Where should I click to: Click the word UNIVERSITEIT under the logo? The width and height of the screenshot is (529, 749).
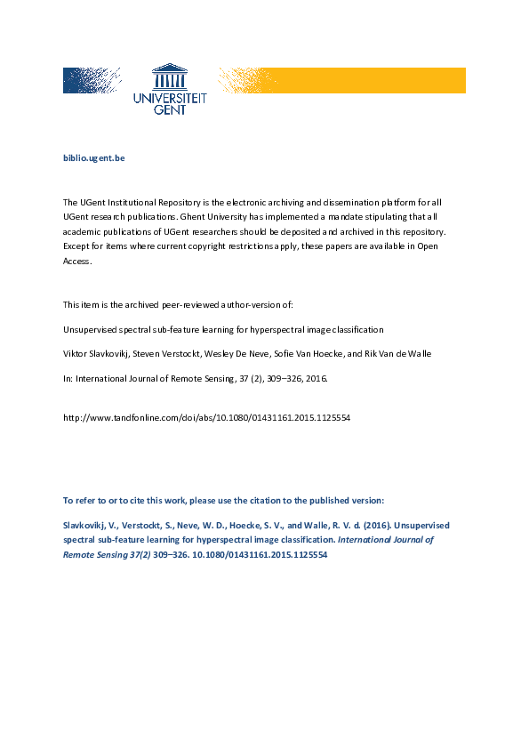(x=169, y=100)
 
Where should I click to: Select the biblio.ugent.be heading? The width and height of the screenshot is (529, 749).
(x=93, y=157)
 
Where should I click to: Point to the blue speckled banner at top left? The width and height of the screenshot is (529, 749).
(x=92, y=80)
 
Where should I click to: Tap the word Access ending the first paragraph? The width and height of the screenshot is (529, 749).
(x=77, y=262)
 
